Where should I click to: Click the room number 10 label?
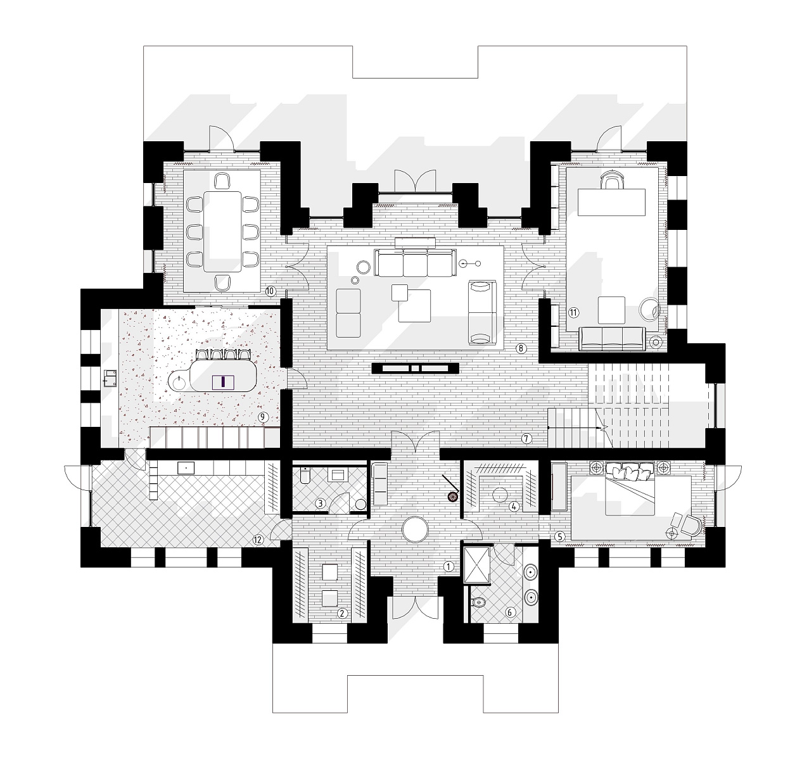pos(270,291)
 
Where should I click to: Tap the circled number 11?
pos(573,312)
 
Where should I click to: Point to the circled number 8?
pos(521,348)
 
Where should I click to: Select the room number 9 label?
pos(263,417)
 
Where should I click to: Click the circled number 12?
pos(258,540)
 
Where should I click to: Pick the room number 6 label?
pos(510,612)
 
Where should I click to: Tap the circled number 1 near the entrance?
pos(449,566)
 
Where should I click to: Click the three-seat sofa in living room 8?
pos(416,263)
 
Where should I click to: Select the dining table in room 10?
pos(223,231)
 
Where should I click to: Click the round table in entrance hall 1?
pos(416,529)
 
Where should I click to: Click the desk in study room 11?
pos(611,202)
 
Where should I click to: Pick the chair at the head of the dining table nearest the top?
pos(222,180)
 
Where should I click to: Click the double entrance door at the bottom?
pos(416,609)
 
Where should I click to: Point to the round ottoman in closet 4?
pos(500,495)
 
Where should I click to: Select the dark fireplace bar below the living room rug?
pos(416,369)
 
